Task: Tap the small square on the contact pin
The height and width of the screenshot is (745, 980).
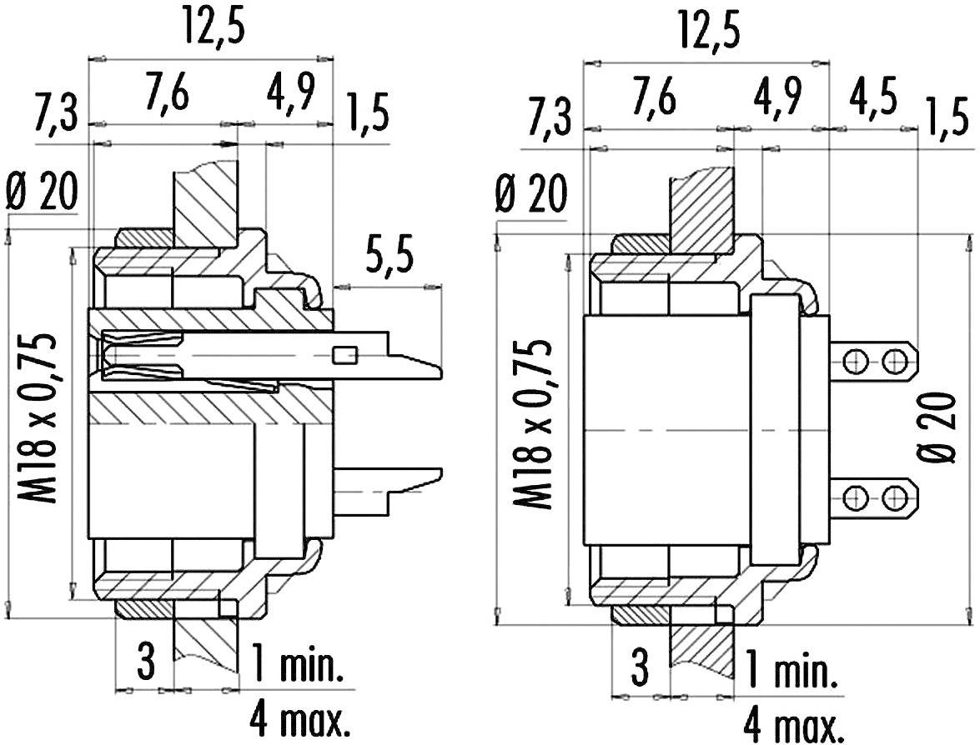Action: [342, 356]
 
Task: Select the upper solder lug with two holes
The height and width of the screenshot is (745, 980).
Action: [876, 360]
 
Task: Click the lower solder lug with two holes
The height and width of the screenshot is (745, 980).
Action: [876, 497]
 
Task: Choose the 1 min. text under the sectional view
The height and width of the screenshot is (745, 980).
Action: [296, 666]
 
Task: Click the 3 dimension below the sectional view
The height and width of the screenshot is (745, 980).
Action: [146, 664]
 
